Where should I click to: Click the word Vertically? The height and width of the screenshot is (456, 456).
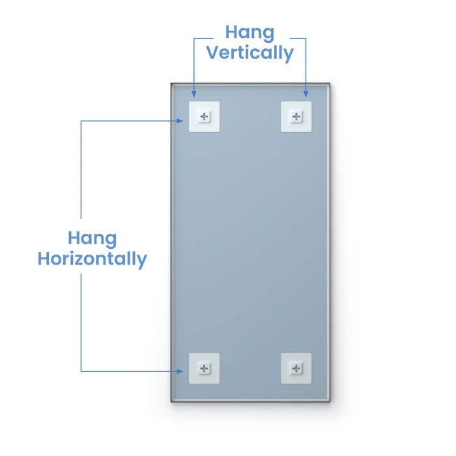click(x=250, y=53)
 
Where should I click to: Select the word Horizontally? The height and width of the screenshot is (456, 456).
click(x=93, y=259)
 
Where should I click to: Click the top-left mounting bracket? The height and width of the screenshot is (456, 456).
click(x=204, y=117)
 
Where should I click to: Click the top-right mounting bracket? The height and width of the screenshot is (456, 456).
click(x=296, y=117)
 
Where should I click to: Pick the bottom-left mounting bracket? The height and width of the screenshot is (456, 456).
click(x=204, y=369)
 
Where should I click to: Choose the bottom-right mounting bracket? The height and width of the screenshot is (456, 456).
click(x=296, y=369)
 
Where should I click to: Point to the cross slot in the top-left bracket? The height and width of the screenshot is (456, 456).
click(x=204, y=117)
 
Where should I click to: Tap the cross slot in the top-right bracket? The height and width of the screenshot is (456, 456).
click(x=296, y=117)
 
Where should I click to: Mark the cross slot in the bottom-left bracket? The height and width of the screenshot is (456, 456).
click(x=204, y=369)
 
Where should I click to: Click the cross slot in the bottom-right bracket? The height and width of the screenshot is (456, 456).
click(x=296, y=369)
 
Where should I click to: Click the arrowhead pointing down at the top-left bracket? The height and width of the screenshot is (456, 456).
click(x=194, y=94)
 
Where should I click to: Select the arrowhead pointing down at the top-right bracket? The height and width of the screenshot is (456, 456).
click(x=306, y=94)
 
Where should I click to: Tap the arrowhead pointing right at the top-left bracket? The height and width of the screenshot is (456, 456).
click(x=180, y=121)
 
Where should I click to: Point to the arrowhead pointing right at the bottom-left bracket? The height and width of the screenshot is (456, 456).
click(x=180, y=371)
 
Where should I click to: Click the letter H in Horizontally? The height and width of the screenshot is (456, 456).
click(x=44, y=258)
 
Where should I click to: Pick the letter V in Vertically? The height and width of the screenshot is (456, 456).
click(x=214, y=52)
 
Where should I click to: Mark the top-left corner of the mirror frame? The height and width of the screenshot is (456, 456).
click(x=171, y=83)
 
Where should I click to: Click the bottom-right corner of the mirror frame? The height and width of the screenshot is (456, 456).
click(x=330, y=402)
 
